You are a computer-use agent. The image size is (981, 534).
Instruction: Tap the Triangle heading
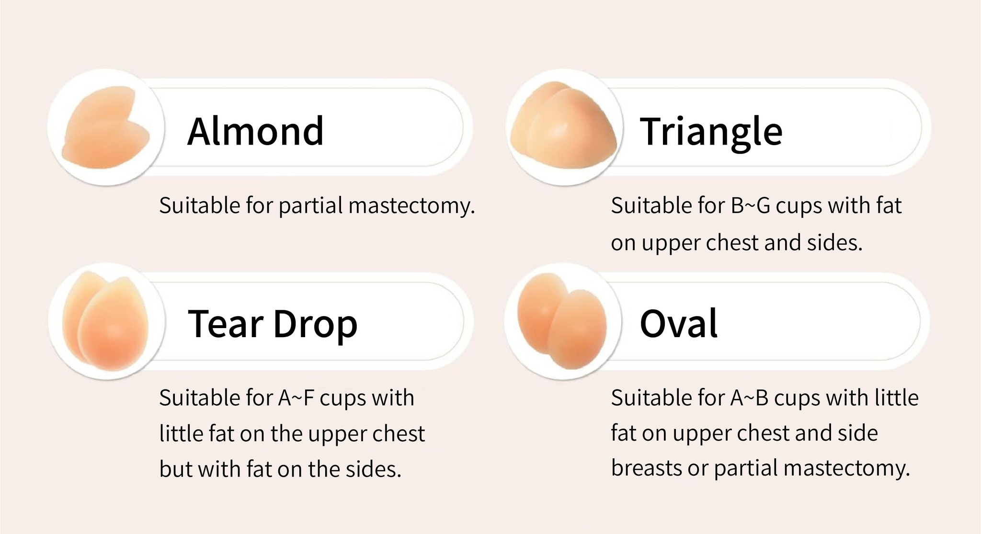(x=711, y=132)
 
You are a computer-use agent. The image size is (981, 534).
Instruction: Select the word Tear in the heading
(x=225, y=324)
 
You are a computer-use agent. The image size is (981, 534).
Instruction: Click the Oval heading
(x=678, y=324)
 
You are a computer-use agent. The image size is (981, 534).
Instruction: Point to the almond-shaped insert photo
(x=106, y=127)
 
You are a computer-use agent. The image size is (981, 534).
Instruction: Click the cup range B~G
(x=751, y=206)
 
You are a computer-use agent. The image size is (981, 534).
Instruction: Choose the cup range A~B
(x=749, y=398)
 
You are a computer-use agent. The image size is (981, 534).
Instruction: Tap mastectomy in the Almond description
(x=411, y=206)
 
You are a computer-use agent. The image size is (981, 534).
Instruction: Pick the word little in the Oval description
(x=896, y=398)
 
